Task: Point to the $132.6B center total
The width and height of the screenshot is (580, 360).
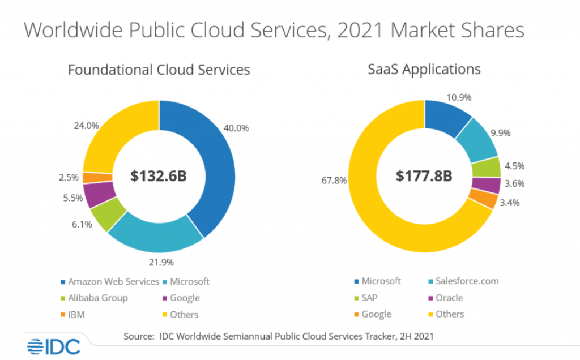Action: [x=159, y=176]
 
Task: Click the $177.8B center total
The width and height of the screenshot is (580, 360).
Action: [x=424, y=176]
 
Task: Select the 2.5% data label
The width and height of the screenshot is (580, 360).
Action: [x=69, y=177]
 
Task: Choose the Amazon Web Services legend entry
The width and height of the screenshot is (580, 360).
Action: [x=108, y=281]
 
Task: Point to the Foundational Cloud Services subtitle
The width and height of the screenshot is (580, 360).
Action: [x=159, y=70]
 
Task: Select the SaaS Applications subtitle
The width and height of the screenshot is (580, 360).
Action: [x=424, y=70]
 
